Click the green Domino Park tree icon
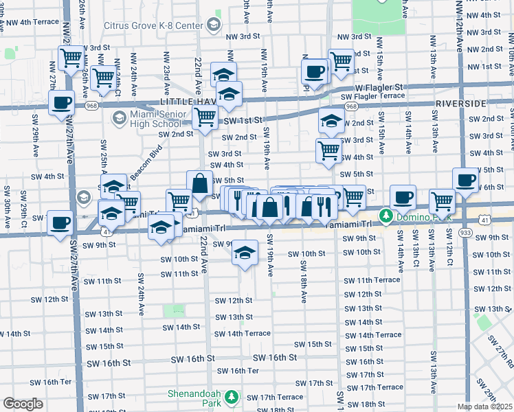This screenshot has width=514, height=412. pos(386,216)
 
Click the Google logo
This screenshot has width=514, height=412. pos(23,403)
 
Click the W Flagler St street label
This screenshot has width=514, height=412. pos(379,88)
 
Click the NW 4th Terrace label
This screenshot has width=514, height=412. pos(30,22)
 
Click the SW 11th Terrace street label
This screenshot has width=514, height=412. pos(372,281)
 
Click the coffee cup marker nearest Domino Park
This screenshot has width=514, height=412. pos(403,196)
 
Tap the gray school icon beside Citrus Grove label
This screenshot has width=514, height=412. pos(213,26)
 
